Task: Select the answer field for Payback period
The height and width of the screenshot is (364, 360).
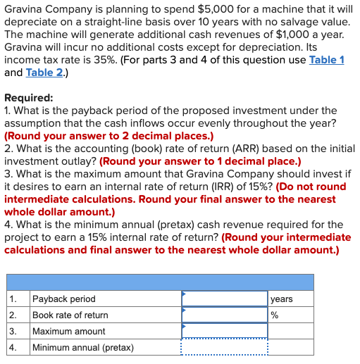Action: tap(224, 299)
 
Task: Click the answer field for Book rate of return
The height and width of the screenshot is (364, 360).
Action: tap(224, 315)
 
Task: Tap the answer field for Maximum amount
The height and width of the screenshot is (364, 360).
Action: tap(224, 331)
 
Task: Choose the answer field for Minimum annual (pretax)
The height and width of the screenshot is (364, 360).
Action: tap(224, 347)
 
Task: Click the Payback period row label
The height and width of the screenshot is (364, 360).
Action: tap(64, 299)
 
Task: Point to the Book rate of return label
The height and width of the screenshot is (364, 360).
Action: tap(70, 315)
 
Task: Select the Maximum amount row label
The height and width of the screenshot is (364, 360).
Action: tap(69, 332)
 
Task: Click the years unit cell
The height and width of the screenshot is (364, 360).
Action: tap(282, 299)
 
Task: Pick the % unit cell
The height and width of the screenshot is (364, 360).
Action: tap(275, 315)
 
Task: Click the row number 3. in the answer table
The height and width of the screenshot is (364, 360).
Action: tap(13, 332)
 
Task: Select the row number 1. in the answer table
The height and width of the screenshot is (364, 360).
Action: tap(13, 299)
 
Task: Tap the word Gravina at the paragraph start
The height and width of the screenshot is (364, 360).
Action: tap(26, 8)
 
